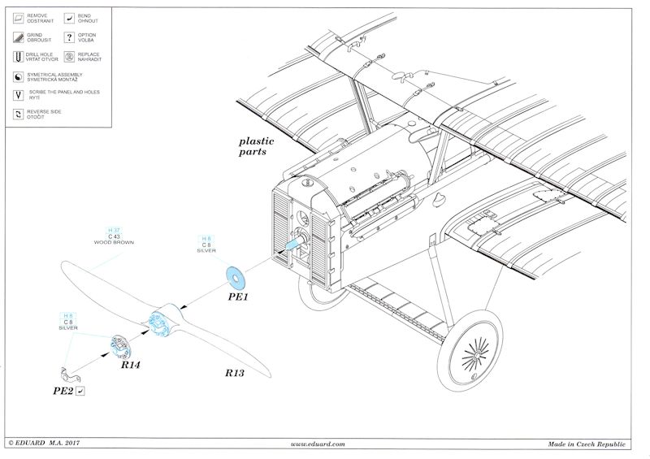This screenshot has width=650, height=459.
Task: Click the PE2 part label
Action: tap(64, 391)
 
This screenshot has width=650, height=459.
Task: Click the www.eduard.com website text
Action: tap(317, 444)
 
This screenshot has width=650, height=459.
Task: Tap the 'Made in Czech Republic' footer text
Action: tap(585, 444)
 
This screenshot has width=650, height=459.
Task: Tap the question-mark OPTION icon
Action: tap(70, 37)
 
